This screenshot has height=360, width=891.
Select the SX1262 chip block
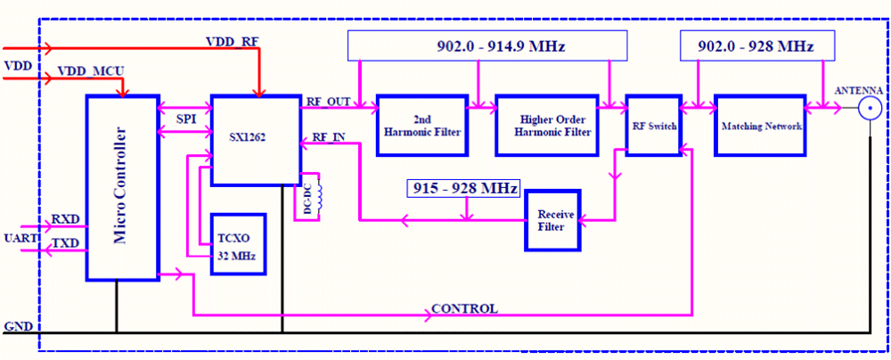[x=254, y=140]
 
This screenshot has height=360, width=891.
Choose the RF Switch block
[x=653, y=126]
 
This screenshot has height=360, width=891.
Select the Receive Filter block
[x=552, y=219]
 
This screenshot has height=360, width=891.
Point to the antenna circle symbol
[x=870, y=110]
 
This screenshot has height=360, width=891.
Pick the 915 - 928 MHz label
[x=463, y=189]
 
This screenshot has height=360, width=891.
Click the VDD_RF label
[x=232, y=42]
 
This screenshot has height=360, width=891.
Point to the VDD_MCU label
[x=89, y=70]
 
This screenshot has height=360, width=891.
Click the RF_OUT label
[x=328, y=101]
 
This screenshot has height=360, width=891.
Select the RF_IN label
[x=329, y=138]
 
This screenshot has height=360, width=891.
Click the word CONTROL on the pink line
[x=464, y=309]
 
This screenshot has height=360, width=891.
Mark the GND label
[x=18, y=326]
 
